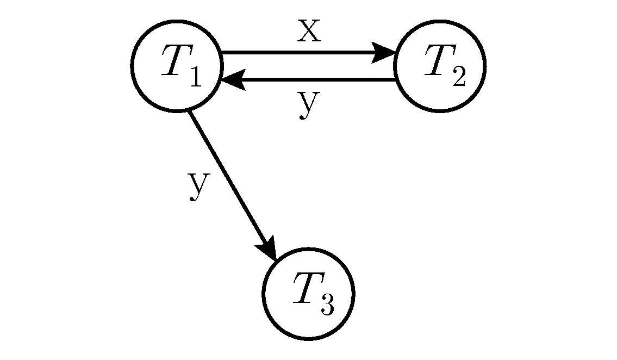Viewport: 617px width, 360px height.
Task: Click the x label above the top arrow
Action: (309, 30)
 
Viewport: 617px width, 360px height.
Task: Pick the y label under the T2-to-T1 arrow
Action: (309, 104)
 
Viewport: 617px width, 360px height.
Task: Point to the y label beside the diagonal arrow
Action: (200, 185)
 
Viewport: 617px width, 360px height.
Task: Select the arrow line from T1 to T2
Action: (308, 52)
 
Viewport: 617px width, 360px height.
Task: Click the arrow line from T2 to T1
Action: (308, 79)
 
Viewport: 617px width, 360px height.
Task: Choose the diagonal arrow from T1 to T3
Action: (233, 185)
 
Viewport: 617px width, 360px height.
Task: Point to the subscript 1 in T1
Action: (196, 76)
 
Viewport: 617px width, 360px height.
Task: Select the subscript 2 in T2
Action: (459, 76)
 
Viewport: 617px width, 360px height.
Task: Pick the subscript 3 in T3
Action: (327, 304)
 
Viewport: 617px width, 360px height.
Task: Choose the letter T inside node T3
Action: (309, 287)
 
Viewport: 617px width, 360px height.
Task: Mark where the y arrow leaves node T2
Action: (395, 79)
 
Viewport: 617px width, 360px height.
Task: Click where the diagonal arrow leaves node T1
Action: (190, 111)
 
